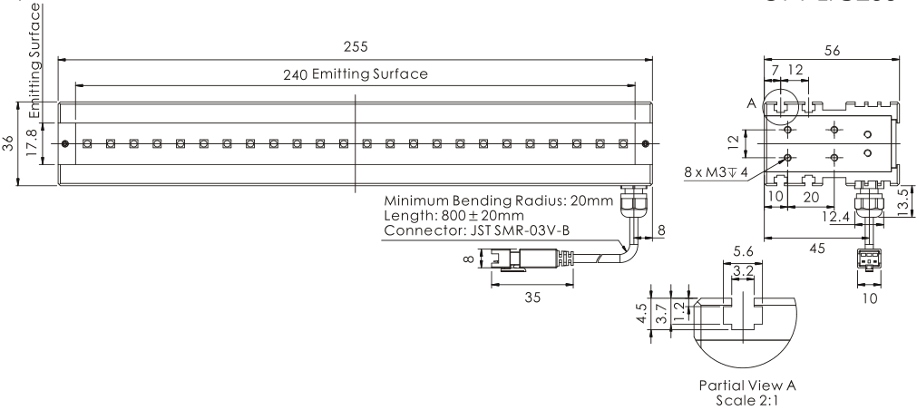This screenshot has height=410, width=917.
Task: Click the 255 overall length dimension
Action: coord(356,46)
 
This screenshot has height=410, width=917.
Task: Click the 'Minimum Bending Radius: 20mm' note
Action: coord(500,200)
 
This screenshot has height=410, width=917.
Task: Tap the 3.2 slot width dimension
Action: coord(742,270)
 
